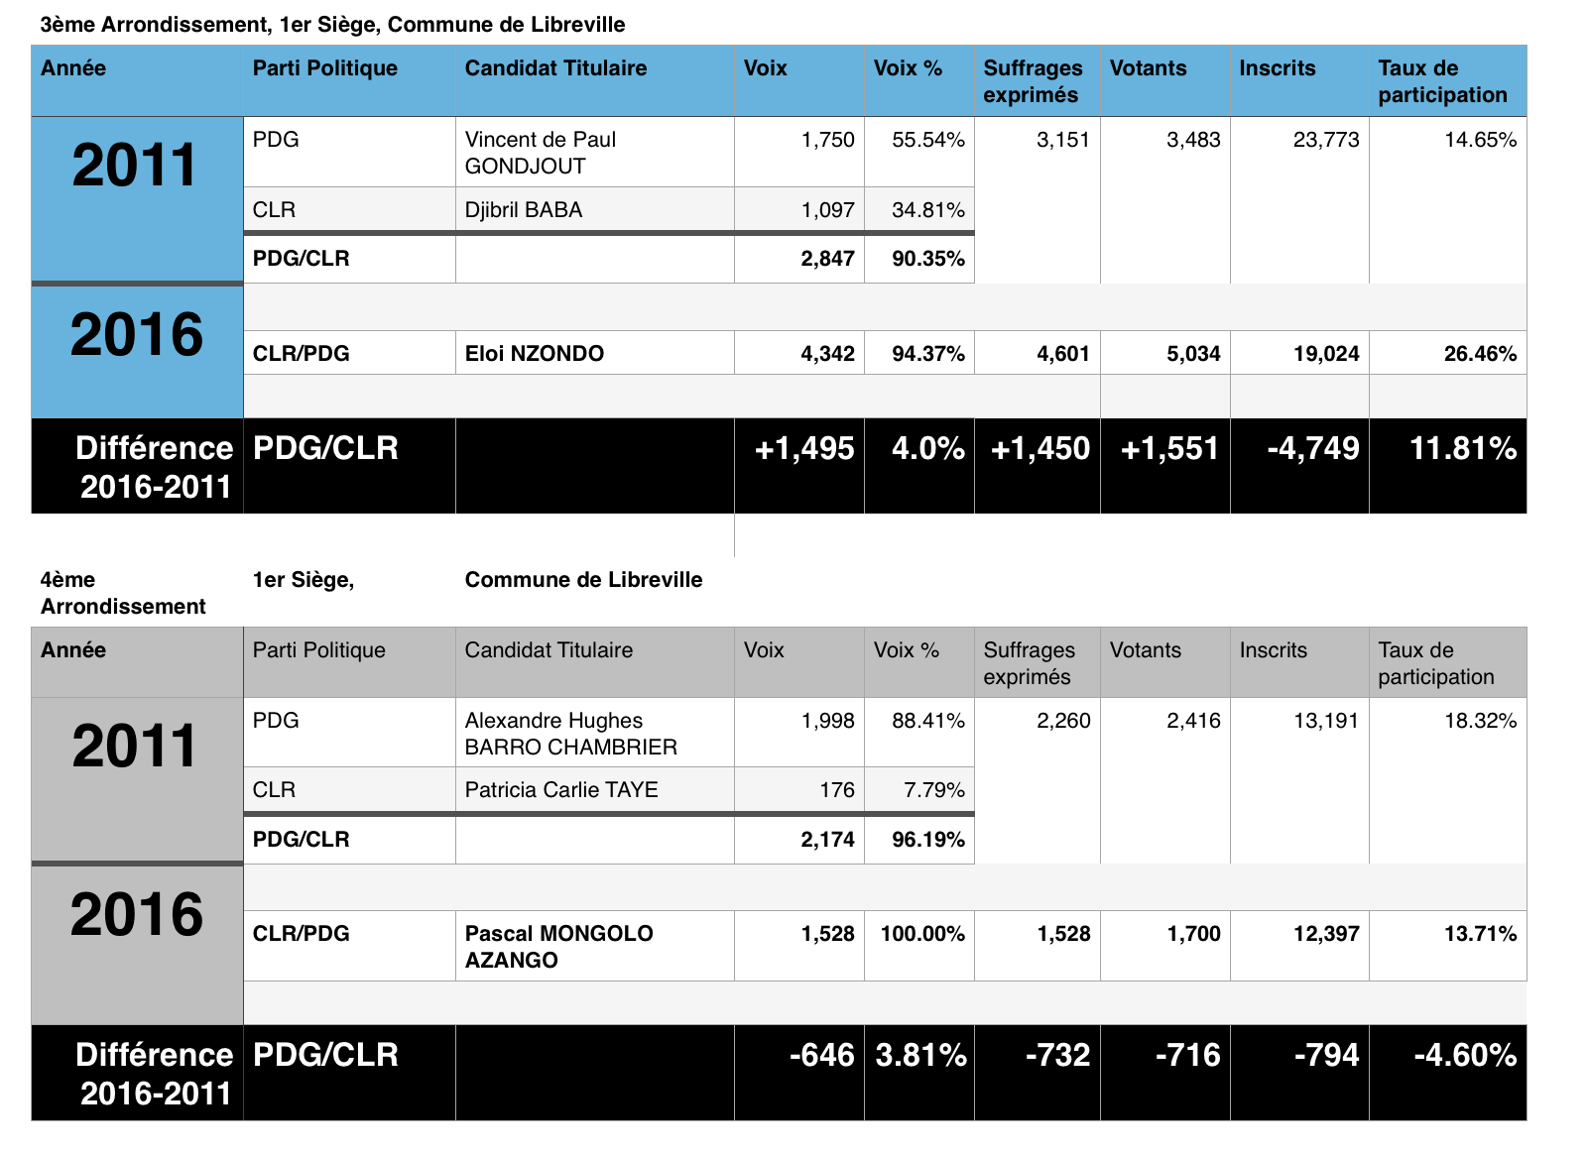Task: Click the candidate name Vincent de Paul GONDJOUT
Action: tap(541, 153)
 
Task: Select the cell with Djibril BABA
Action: tap(524, 210)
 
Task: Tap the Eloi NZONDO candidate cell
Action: tap(535, 354)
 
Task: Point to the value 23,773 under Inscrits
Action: tap(1325, 140)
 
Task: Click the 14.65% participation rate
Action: tap(1480, 140)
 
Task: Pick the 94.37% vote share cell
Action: tap(927, 354)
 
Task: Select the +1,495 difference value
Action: tap(803, 449)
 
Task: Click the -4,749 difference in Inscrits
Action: tap(1312, 449)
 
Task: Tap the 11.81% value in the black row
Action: tap(1462, 449)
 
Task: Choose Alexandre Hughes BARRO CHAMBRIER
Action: tap(570, 734)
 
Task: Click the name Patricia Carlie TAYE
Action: tap(561, 790)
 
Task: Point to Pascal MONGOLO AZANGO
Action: tap(558, 947)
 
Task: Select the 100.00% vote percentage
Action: tap(921, 934)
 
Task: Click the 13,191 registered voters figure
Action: tap(1325, 721)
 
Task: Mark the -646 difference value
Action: tap(821, 1055)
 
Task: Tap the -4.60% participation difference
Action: tap(1464, 1055)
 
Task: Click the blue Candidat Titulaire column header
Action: tap(555, 68)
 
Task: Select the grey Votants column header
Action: tap(1145, 650)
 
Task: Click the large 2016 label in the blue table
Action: tap(137, 335)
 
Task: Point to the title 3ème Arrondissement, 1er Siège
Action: tap(332, 25)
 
